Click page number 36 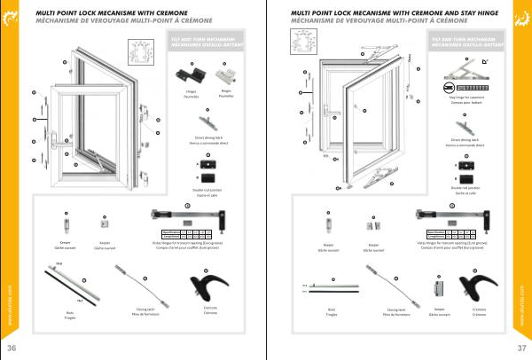coord(12,346)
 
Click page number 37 coord(520,346)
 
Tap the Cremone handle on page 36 coord(206,286)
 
